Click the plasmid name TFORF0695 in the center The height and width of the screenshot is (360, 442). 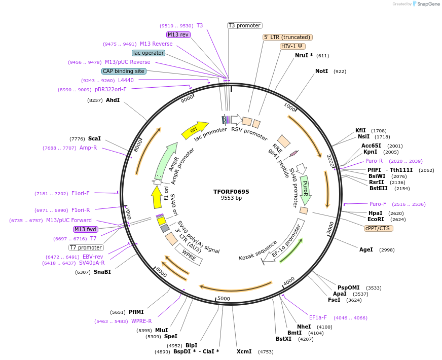point(231,192)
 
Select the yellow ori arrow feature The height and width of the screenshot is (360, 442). point(195,130)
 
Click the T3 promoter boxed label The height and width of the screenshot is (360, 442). point(244,25)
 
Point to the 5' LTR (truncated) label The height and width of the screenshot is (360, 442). point(287,37)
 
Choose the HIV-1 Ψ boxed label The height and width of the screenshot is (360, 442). point(293,46)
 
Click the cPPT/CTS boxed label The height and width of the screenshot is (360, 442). point(379,228)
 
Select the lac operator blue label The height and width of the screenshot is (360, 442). point(148,53)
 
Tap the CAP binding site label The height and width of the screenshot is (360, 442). point(124,71)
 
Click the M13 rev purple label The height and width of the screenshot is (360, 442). point(178,34)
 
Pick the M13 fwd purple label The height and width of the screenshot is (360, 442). point(85,229)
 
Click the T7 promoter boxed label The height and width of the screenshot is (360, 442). point(86,247)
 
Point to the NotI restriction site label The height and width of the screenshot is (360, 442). point(321,71)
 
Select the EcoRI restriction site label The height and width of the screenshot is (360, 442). point(376,220)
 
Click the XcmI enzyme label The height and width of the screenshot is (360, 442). point(244,351)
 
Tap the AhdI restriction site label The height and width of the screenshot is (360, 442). point(113,100)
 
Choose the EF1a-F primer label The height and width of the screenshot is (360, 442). point(318,317)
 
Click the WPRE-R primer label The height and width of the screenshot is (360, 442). point(141,321)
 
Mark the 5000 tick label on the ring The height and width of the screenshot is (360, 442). point(223,299)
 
